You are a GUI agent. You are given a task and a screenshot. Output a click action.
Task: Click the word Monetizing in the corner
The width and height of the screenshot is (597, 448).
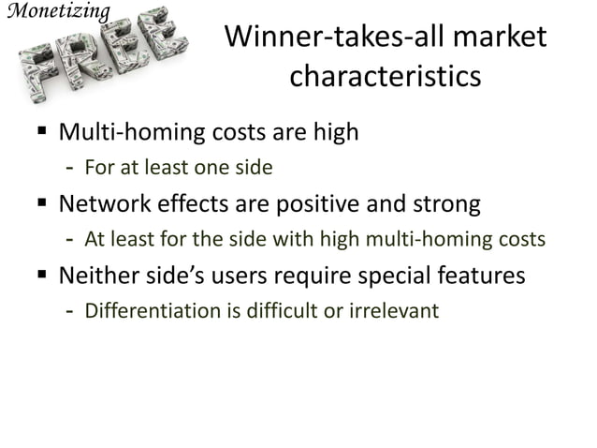click(56, 12)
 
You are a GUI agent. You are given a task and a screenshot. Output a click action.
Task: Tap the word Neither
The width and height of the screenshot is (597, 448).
click(97, 277)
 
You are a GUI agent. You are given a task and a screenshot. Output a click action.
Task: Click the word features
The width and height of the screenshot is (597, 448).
click(485, 277)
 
